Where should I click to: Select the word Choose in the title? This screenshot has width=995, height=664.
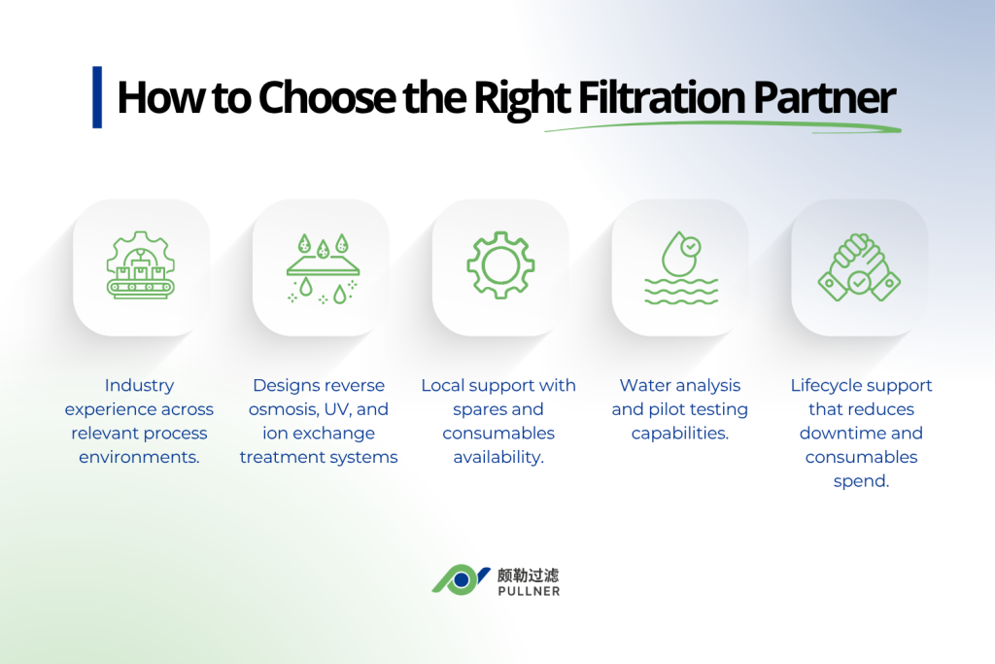point(327,98)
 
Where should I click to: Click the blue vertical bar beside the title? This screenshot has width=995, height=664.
point(97,97)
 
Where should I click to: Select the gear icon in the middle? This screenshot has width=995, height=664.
point(500,265)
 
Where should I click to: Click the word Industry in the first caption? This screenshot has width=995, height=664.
point(139,386)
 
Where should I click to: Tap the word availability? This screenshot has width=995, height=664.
point(498,457)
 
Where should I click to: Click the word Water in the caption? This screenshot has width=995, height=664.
point(647,386)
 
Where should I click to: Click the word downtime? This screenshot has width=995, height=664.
point(843,433)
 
